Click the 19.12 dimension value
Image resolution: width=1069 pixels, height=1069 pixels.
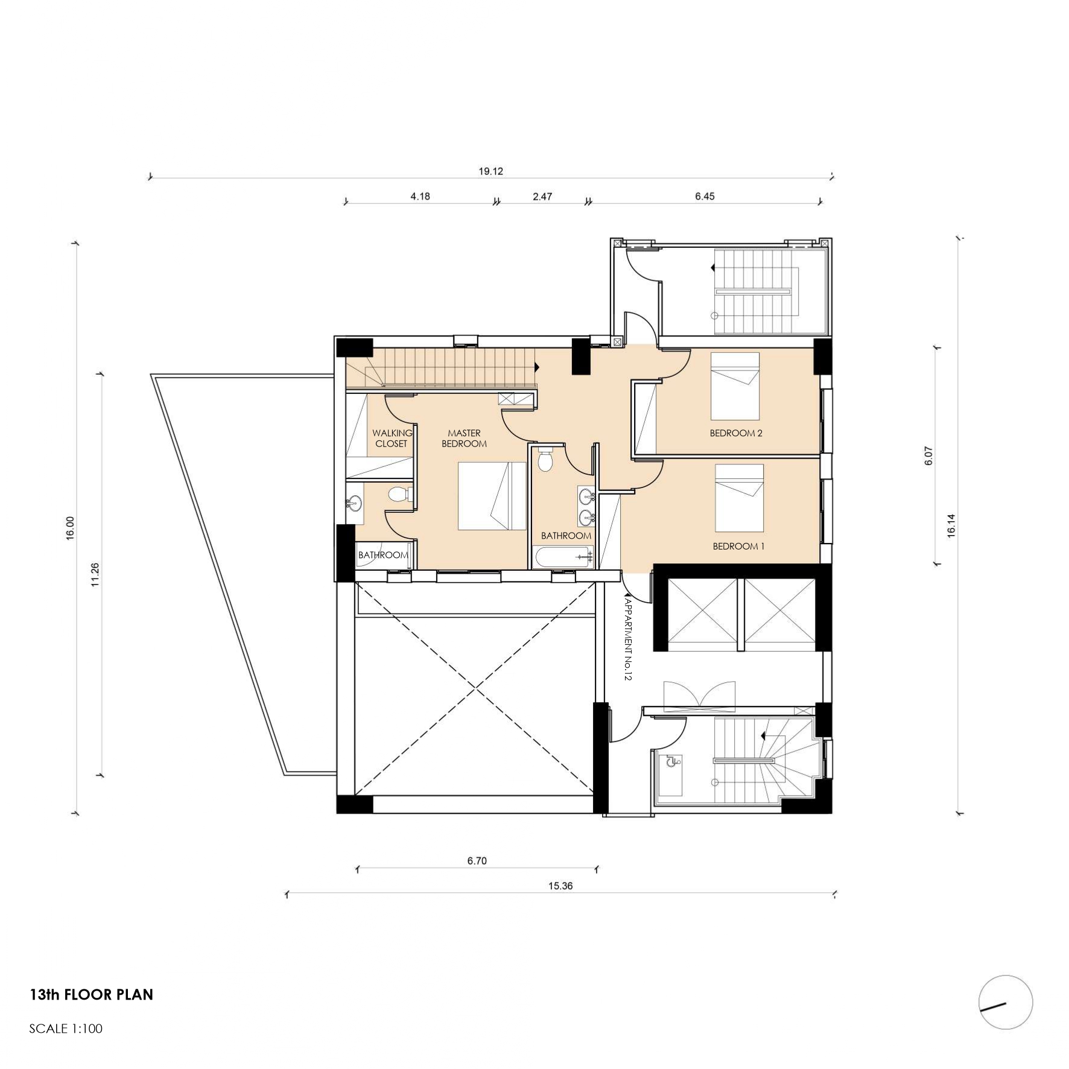point(490,171)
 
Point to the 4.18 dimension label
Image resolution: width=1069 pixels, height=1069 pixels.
point(420,196)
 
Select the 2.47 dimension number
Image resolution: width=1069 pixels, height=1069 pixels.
point(542,196)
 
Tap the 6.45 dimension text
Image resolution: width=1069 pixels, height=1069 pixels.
point(705,196)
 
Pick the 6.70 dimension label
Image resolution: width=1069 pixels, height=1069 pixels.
point(477,861)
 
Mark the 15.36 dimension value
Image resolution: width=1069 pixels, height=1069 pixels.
point(560,886)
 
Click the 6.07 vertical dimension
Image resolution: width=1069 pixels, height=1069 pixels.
point(928,455)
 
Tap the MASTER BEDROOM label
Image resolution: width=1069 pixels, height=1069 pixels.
point(464,439)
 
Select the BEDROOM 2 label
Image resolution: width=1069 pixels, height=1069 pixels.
point(736,433)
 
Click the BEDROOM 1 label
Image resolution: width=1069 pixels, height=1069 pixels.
point(738,547)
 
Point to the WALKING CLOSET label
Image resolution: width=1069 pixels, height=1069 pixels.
point(392,439)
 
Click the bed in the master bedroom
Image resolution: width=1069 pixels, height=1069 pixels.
point(492,496)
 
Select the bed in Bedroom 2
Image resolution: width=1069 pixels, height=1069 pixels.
point(735,386)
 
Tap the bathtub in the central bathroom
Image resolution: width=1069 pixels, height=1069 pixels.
point(562,557)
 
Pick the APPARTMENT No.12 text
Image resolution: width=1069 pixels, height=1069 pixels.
point(627,639)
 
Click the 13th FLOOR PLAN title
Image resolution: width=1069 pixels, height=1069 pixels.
point(92,995)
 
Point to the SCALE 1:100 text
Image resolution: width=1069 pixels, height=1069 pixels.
point(66,1029)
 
